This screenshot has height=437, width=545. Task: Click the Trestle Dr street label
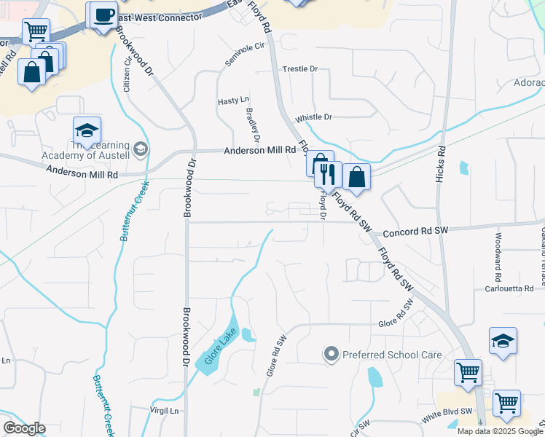pyautogui.click(x=300, y=68)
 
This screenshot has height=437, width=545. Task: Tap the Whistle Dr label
pyautogui.click(x=313, y=117)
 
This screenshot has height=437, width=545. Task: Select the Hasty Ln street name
pyautogui.click(x=233, y=101)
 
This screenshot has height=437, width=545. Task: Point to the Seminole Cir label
pyautogui.click(x=243, y=54)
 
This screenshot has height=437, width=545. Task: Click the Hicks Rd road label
pyautogui.click(x=442, y=167)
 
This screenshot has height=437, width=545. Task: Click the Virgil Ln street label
pyautogui.click(x=164, y=411)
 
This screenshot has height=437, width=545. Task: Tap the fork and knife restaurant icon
pyautogui.click(x=327, y=174)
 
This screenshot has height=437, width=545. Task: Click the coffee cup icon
pyautogui.click(x=103, y=15)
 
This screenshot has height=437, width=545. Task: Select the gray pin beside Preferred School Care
pyautogui.click(x=332, y=355)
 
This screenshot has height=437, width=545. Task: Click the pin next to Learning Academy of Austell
pyautogui.click(x=141, y=149)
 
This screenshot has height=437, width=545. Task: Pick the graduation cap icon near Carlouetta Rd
pyautogui.click(x=503, y=341)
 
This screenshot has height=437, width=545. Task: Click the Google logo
pyautogui.click(x=24, y=428)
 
